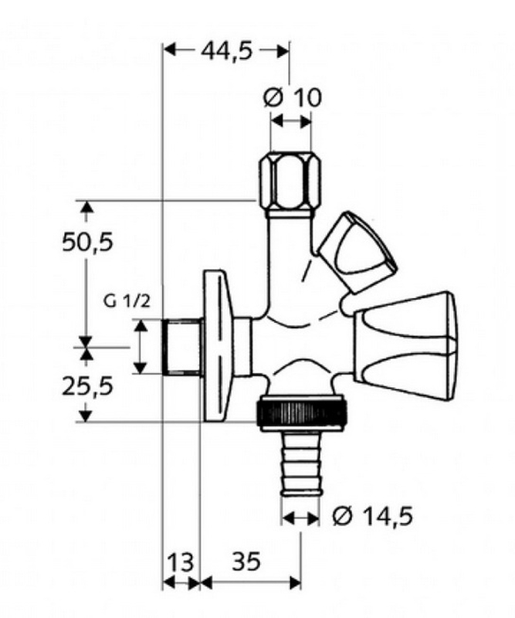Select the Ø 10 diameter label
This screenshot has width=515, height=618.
(292, 97)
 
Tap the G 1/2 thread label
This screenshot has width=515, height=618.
(127, 302)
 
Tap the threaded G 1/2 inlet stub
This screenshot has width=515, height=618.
(183, 347)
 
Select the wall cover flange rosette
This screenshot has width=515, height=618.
(218, 346)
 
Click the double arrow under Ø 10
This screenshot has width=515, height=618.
(290, 122)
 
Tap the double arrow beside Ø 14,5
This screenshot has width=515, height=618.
(300, 515)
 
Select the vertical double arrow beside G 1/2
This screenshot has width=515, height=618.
(140, 347)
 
